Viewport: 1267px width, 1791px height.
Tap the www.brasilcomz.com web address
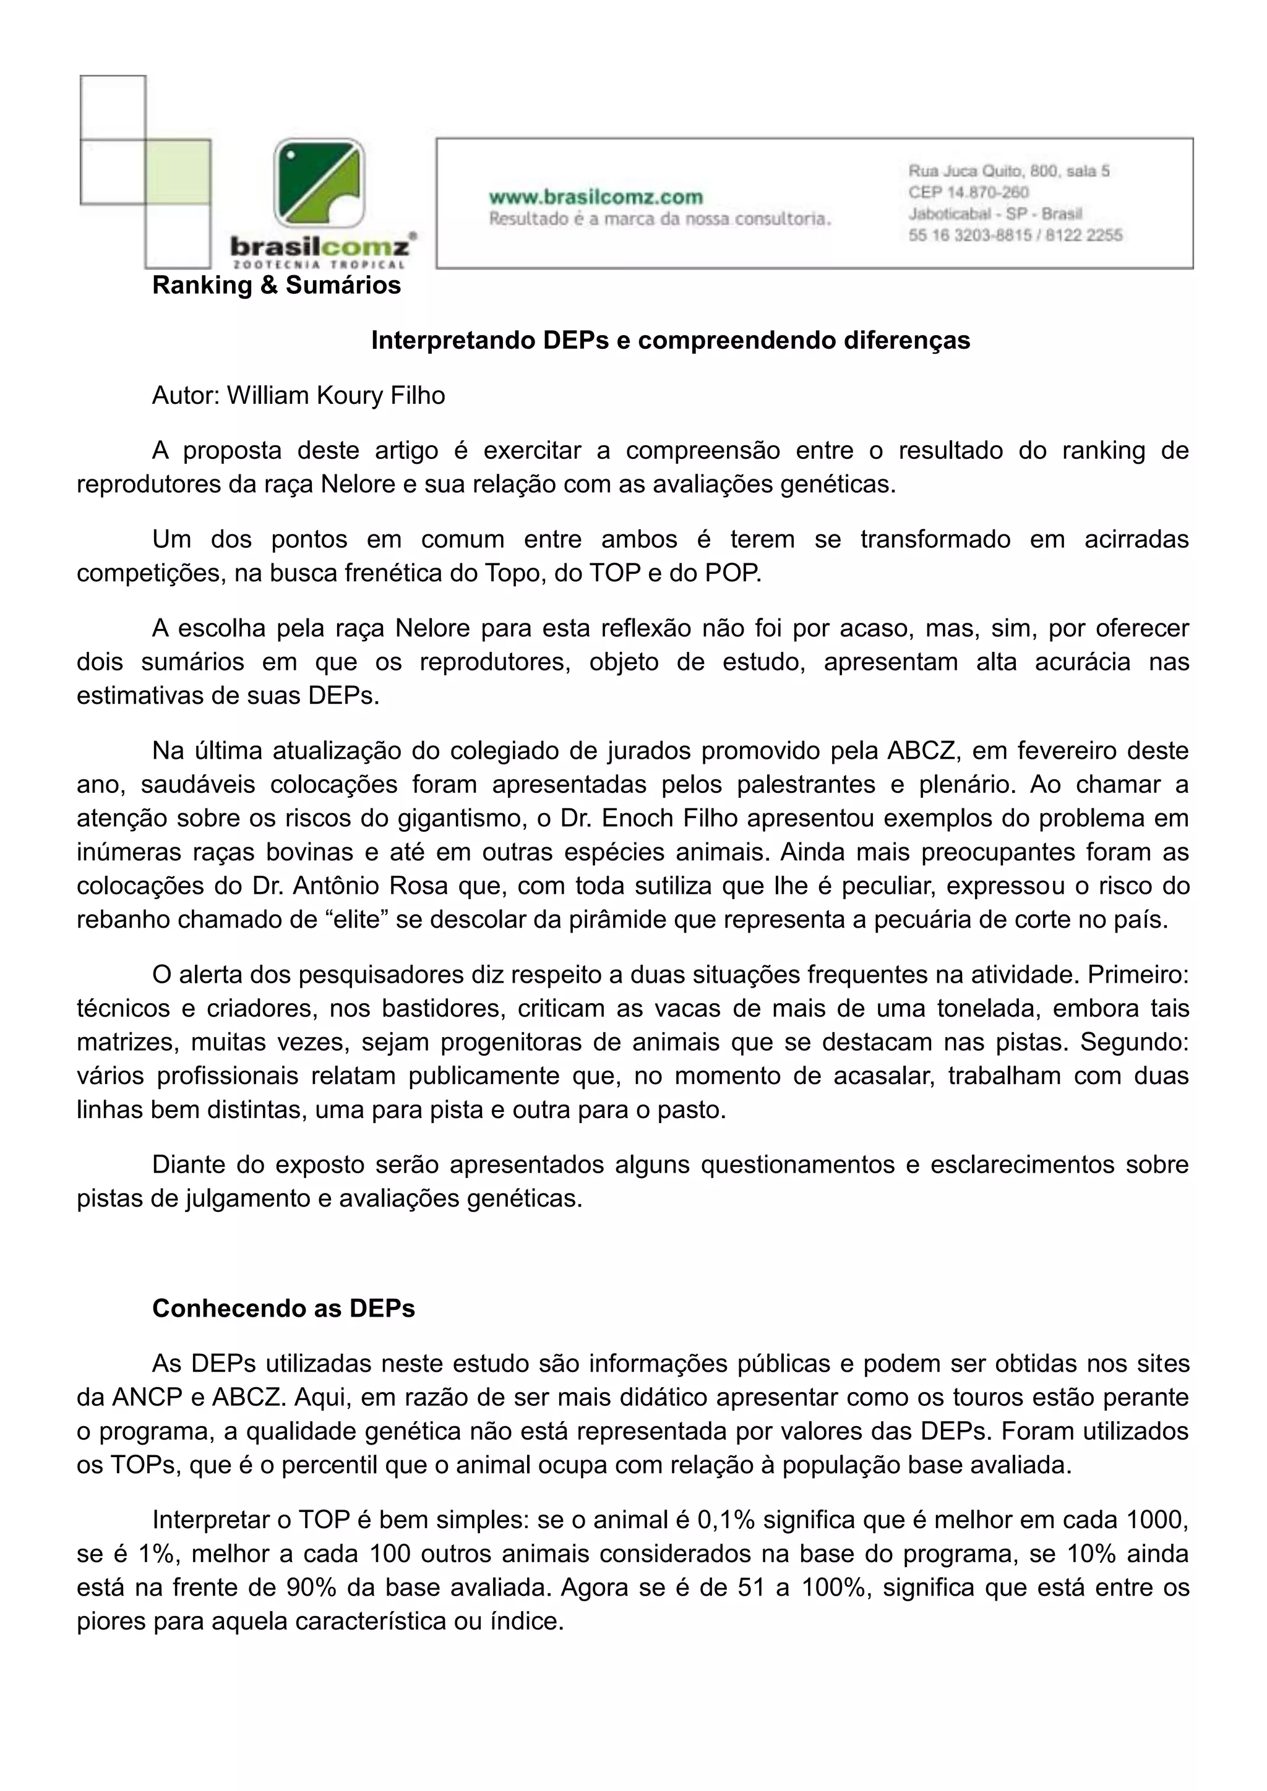595,197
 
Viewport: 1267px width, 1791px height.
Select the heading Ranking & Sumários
276,286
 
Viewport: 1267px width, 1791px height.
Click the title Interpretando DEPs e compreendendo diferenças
670,340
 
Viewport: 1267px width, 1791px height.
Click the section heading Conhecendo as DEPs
283,1308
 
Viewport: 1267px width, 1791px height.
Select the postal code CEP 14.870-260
968,192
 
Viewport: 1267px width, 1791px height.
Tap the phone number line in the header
1015,235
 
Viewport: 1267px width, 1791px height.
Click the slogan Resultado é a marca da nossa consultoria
659,219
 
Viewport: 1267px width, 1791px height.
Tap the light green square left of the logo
179,171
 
